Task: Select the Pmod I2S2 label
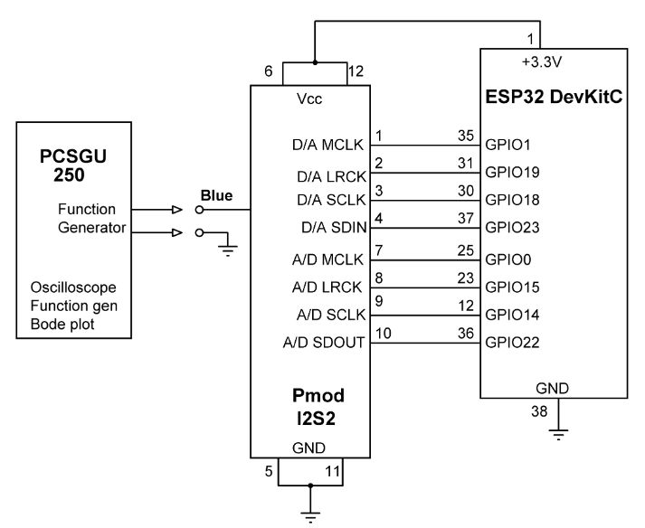click(x=311, y=408)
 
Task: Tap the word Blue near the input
click(x=216, y=195)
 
